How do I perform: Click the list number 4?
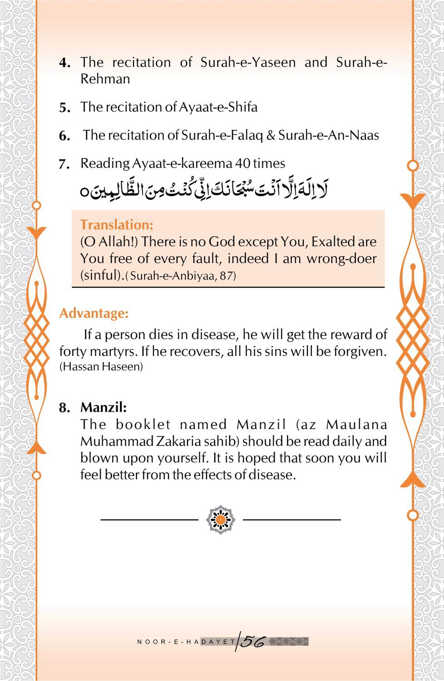(64, 63)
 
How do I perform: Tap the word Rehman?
(105, 79)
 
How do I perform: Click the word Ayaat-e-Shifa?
(218, 107)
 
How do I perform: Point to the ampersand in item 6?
(271, 135)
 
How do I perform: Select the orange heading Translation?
(117, 225)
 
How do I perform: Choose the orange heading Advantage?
(94, 313)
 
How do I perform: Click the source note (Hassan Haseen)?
(101, 367)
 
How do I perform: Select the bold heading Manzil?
(104, 407)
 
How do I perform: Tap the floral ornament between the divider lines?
(221, 519)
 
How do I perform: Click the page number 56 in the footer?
(252, 641)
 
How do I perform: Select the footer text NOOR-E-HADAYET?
(186, 642)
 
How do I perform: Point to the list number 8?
(64, 408)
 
